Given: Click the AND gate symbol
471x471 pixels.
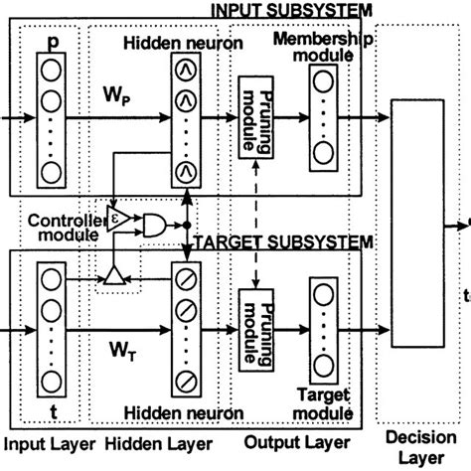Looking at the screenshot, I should click(x=155, y=226).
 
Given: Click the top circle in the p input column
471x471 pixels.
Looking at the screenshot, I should click(x=52, y=72).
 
